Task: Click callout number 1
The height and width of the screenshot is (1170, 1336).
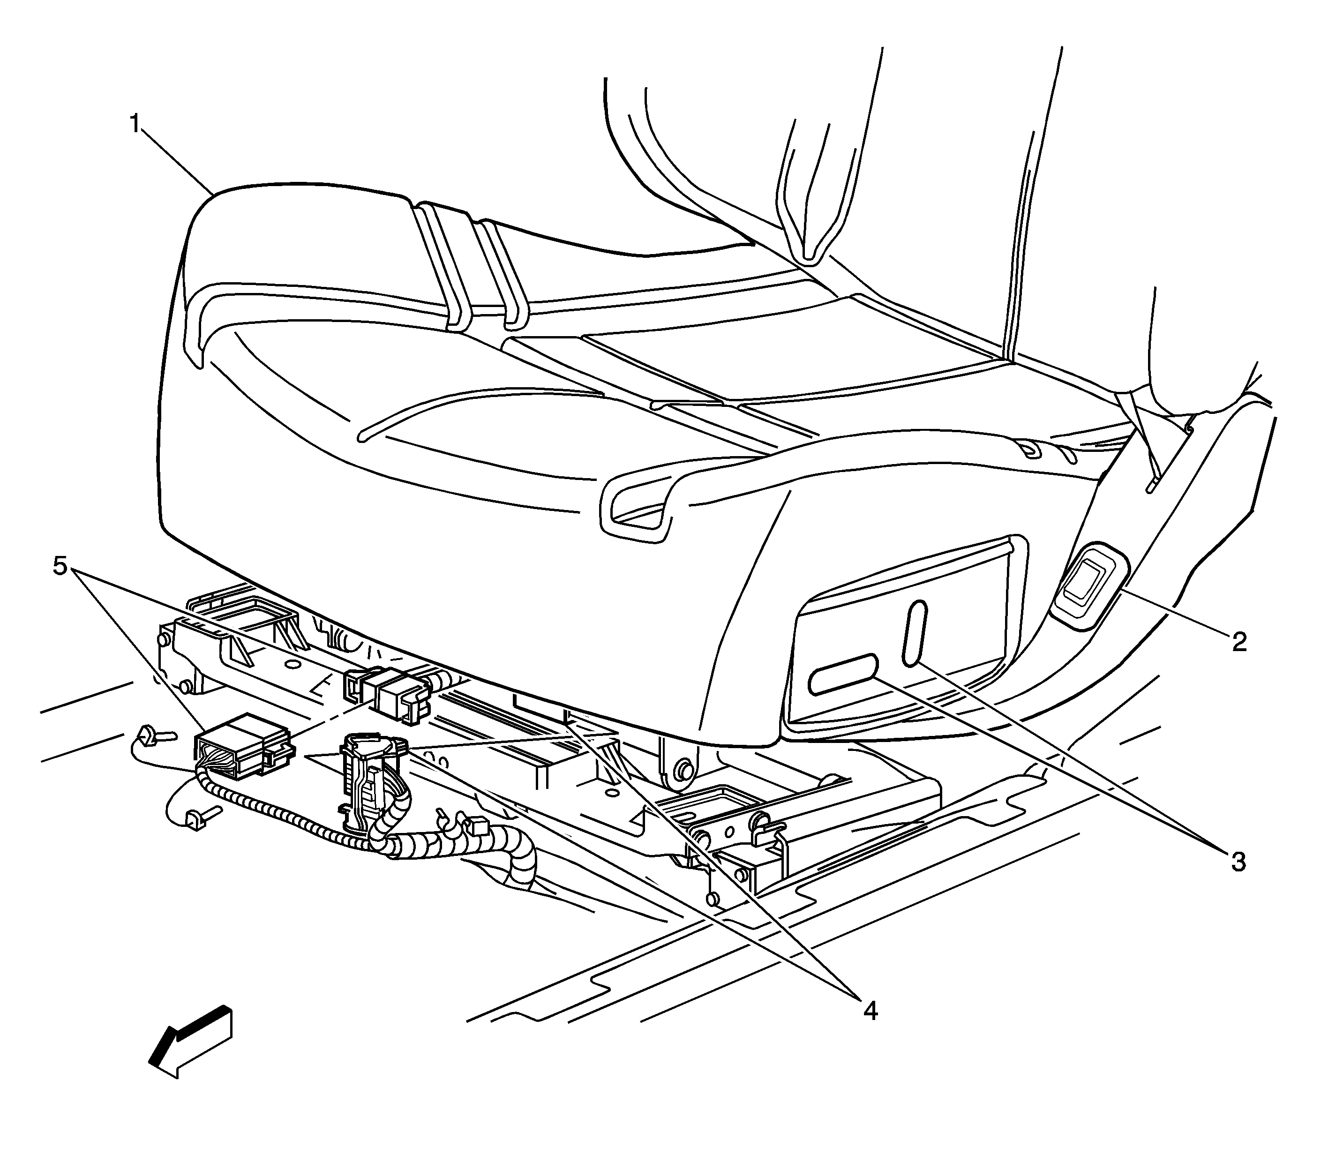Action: pos(135,123)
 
